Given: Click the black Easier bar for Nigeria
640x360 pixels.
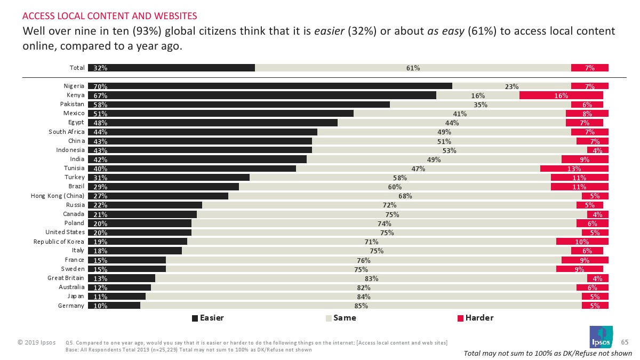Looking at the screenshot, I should pyautogui.click(x=269, y=86).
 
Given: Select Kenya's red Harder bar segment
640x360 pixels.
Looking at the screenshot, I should pyautogui.click(x=561, y=95).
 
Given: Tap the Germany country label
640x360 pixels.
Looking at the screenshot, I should pyautogui.click(x=72, y=306).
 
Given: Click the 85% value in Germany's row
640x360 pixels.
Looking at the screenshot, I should pyautogui.click(x=361, y=306).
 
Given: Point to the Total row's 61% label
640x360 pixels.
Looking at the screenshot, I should pyautogui.click(x=413, y=68).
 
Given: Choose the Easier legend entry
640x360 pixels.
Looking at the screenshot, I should pyautogui.click(x=207, y=318).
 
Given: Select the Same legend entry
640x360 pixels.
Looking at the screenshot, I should pyautogui.click(x=341, y=318).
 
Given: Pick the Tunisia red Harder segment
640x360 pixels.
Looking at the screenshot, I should pyautogui.click(x=574, y=169).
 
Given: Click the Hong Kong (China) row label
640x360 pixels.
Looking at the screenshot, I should pyautogui.click(x=58, y=196).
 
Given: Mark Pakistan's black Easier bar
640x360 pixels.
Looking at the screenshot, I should pyautogui.click(x=238, y=104).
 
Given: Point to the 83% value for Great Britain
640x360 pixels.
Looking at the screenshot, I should pyautogui.click(x=371, y=278).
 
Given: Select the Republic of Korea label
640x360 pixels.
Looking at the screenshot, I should pyautogui.click(x=59, y=242).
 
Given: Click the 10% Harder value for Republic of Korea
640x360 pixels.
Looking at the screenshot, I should pyautogui.click(x=582, y=242).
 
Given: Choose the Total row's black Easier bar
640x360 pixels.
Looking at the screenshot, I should pyautogui.click(x=171, y=68).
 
